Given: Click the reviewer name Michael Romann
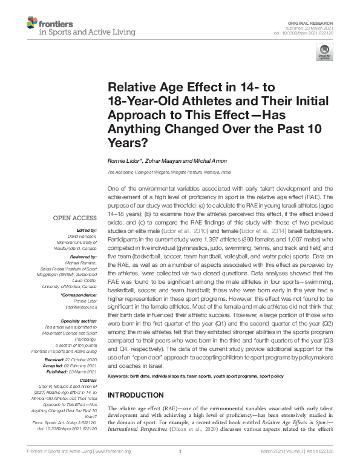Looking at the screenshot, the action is pyautogui.click(x=80, y=254).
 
